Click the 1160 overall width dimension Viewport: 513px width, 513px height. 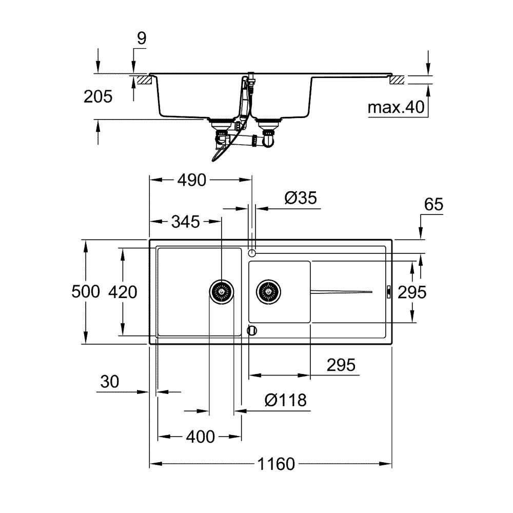pos(276,464)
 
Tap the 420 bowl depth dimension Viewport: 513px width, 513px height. pos(123,292)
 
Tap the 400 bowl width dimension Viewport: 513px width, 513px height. pos(200,437)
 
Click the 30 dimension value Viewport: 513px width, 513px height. pos(110,382)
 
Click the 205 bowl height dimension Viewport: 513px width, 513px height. pos(97,96)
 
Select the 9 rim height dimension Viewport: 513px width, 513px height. pos(142,38)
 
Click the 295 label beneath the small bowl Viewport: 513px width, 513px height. pos(341,365)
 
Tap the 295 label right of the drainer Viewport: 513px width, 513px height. pos(412,292)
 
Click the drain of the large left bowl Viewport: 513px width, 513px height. pos(222,292)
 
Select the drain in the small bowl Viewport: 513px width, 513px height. pos(269,292)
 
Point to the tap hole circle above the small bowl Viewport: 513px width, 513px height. pos(251,253)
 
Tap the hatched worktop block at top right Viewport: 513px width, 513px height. pos(397,80)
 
